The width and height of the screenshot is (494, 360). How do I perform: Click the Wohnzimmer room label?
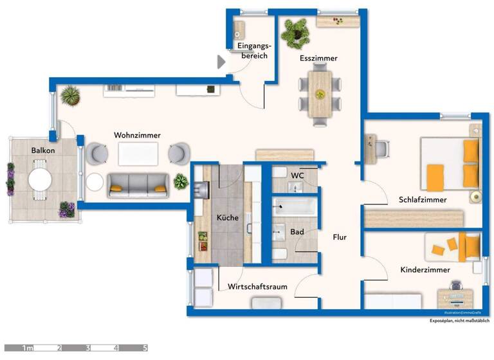click(137, 135)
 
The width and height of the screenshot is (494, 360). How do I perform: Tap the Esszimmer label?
click(318, 59)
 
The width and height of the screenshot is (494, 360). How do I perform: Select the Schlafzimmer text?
click(422, 199)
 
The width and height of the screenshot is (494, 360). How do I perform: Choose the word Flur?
click(340, 237)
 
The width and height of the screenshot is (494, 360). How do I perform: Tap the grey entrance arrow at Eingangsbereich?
click(221, 62)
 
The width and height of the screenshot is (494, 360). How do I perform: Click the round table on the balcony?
click(40, 179)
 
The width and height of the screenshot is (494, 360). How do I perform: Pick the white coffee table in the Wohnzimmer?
click(138, 154)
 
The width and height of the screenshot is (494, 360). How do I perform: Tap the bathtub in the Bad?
click(294, 206)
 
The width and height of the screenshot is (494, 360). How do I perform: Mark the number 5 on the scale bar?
click(145, 348)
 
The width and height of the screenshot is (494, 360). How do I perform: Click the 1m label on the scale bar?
click(28, 348)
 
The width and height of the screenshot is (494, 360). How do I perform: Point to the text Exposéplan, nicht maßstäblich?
click(459, 320)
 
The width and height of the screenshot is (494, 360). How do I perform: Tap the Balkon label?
click(42, 150)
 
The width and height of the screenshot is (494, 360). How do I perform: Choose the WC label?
click(297, 175)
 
